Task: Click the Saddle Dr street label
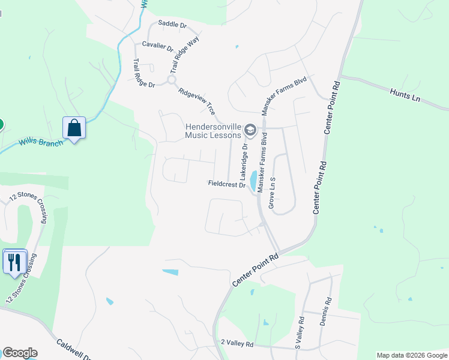[x=172, y=25]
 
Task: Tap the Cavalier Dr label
[x=157, y=46]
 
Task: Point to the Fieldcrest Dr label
[x=227, y=184]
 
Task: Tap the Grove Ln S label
[x=272, y=193]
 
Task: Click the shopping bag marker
[x=74, y=128]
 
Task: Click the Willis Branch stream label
[x=40, y=142]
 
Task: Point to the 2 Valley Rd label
[x=237, y=344]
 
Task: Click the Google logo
[x=20, y=353]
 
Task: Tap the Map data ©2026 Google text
[x=411, y=355]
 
